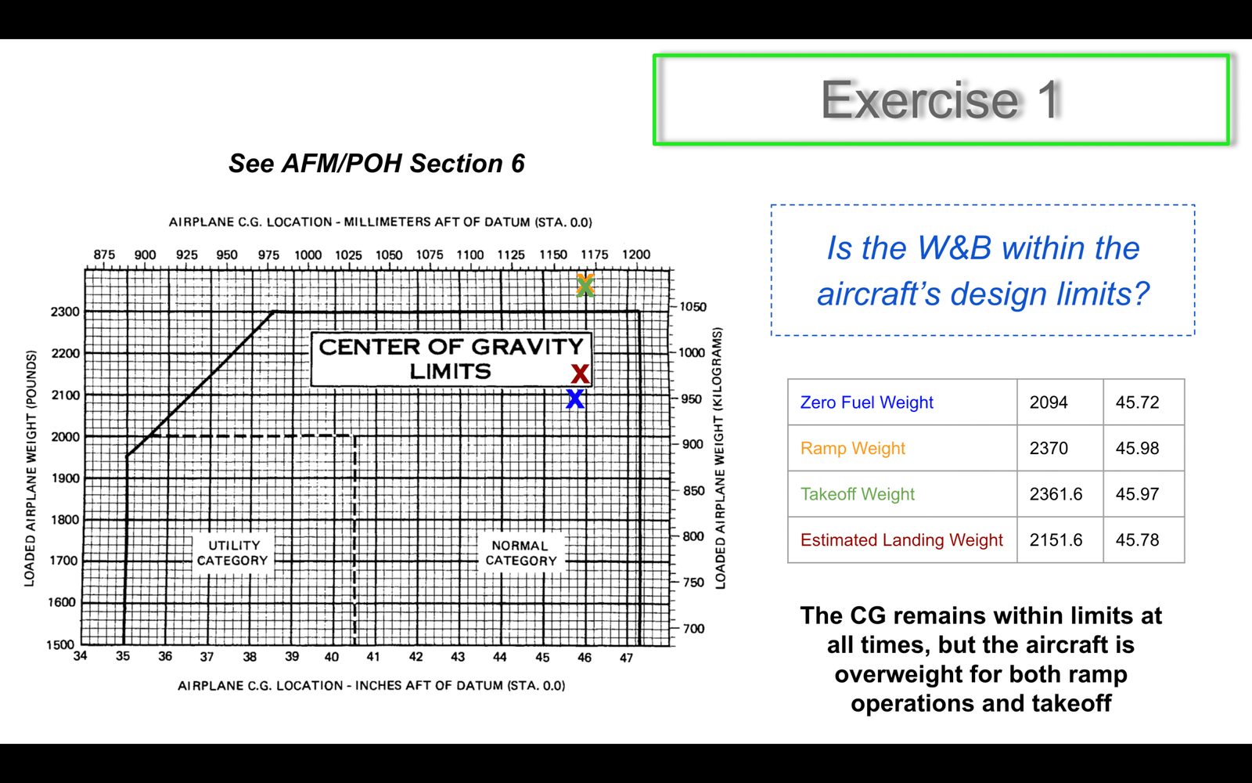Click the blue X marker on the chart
(x=574, y=399)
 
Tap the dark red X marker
(x=580, y=373)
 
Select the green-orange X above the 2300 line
(x=585, y=285)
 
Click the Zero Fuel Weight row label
(x=866, y=402)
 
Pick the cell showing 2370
(x=1049, y=448)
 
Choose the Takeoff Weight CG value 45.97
(x=1138, y=494)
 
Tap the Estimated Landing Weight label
(x=901, y=539)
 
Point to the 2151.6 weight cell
(x=1056, y=539)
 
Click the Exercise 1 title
(x=941, y=99)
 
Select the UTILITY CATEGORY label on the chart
(x=233, y=553)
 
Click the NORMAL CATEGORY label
(x=521, y=553)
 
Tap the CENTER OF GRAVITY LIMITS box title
(x=451, y=359)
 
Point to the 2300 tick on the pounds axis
(x=66, y=312)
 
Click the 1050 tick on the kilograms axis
(x=693, y=306)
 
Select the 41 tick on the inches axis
(x=373, y=657)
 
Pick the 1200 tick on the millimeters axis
(x=636, y=254)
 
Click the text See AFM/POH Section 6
(x=376, y=164)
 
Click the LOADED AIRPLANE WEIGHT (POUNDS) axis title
(x=31, y=468)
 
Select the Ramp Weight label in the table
(x=852, y=448)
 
